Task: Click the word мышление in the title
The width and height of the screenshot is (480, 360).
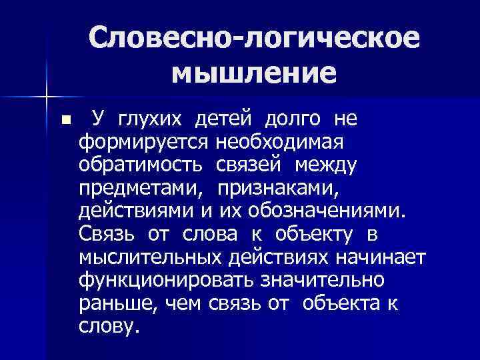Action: click(253, 73)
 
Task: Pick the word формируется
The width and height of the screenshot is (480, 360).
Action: click(145, 143)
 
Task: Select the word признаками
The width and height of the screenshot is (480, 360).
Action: click(278, 188)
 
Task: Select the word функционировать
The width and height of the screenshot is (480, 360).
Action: click(163, 281)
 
